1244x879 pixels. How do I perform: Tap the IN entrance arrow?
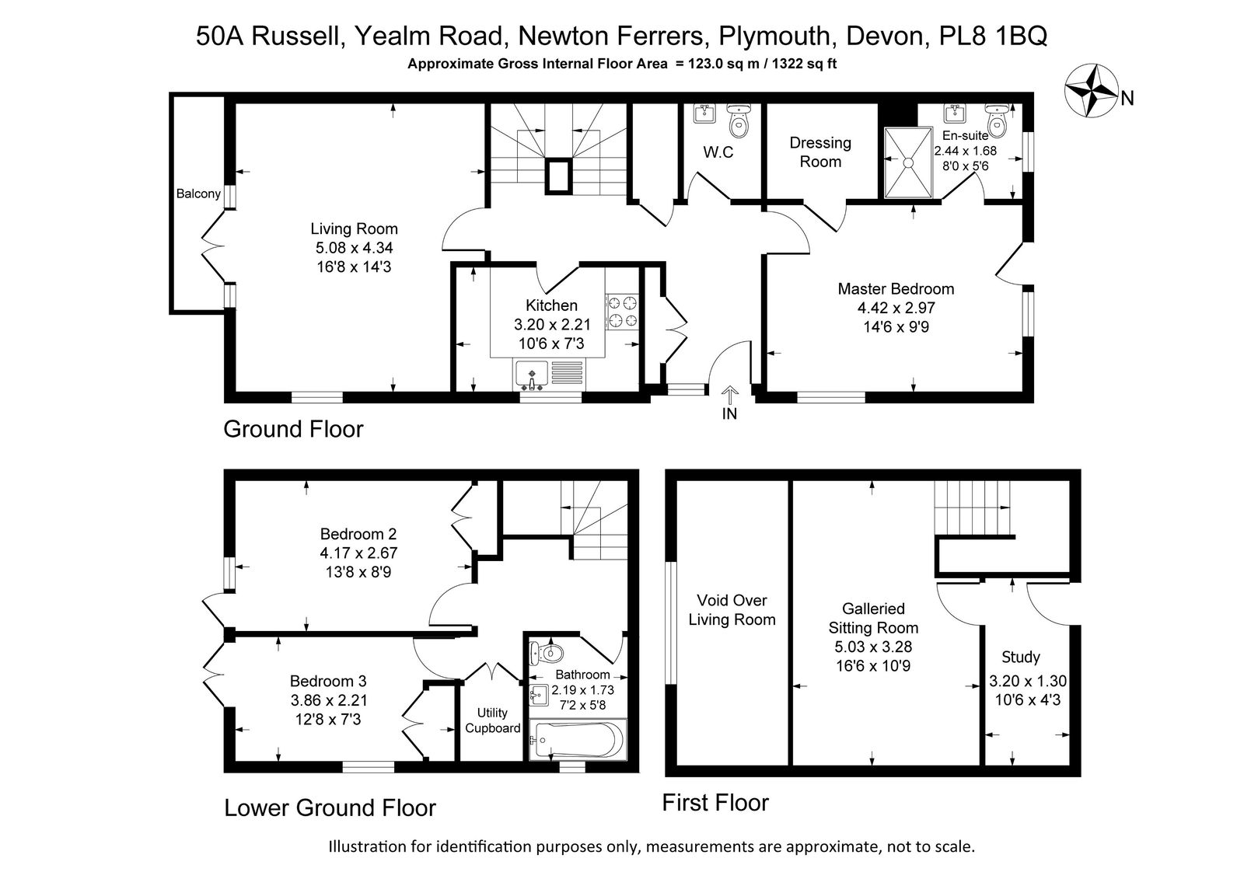[x=729, y=396]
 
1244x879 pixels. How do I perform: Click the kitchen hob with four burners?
[x=622, y=312]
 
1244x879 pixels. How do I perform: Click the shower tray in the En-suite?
[x=908, y=162]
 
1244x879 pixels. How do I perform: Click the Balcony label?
[x=198, y=194]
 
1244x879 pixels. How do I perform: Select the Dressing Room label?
[x=820, y=152]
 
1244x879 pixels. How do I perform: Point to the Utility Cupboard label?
[x=492, y=720]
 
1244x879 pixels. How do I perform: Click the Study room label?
[x=1021, y=657]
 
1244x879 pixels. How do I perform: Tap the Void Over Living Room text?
[x=732, y=609]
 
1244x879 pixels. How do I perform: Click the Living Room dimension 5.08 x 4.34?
[x=355, y=248]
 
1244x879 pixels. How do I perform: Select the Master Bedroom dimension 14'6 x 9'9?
[x=896, y=326]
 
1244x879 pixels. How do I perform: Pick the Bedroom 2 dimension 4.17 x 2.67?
[x=358, y=553]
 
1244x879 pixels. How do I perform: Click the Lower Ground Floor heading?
[x=330, y=807]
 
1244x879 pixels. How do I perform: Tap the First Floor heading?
[x=715, y=802]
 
